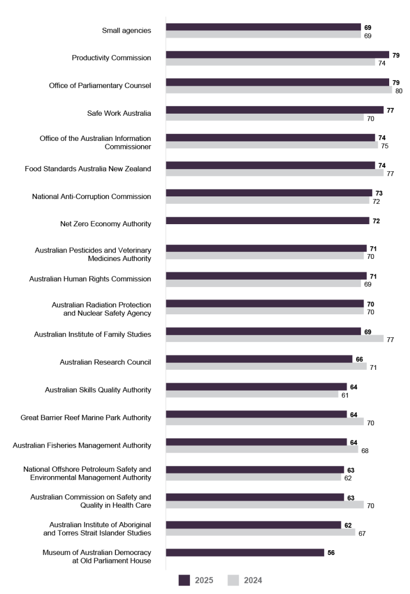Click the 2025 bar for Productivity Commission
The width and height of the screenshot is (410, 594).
277,54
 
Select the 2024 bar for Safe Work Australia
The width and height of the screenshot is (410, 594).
265,117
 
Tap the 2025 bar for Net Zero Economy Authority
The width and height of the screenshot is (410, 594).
267,220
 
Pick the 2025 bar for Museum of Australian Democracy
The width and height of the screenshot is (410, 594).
245,552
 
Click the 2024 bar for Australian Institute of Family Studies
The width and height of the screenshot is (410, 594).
274,338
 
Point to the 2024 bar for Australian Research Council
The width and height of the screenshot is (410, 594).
266,367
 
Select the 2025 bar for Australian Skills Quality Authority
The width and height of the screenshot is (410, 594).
256,386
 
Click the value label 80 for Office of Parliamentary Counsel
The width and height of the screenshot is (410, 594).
398,91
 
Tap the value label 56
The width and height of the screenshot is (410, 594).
331,553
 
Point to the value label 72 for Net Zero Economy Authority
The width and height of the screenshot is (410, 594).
376,221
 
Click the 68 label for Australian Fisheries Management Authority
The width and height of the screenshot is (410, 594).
365,450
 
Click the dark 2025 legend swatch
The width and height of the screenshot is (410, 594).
184,580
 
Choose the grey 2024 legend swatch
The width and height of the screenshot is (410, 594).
233,580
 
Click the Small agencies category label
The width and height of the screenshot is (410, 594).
126,30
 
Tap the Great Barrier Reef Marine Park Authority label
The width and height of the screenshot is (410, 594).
85,417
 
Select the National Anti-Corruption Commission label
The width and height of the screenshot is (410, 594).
91,196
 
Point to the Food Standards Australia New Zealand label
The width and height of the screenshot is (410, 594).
88,169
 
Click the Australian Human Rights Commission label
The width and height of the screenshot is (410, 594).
90,279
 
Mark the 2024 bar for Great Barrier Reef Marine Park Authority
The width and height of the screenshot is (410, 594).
265,422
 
